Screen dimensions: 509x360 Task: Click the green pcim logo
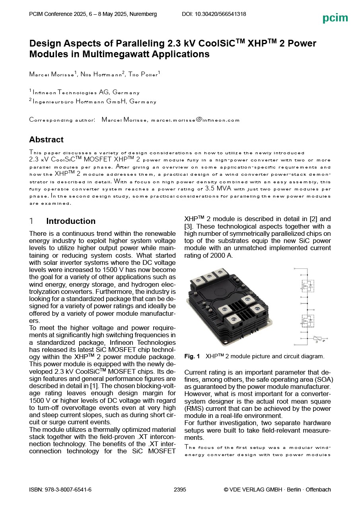click(335, 18)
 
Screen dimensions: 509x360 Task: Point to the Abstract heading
click(46, 140)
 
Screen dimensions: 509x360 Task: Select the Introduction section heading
click(71, 221)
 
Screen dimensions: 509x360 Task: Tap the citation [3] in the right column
click(189, 226)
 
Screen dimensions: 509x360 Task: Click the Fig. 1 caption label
click(192, 356)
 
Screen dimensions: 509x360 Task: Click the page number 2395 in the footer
click(180, 490)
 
